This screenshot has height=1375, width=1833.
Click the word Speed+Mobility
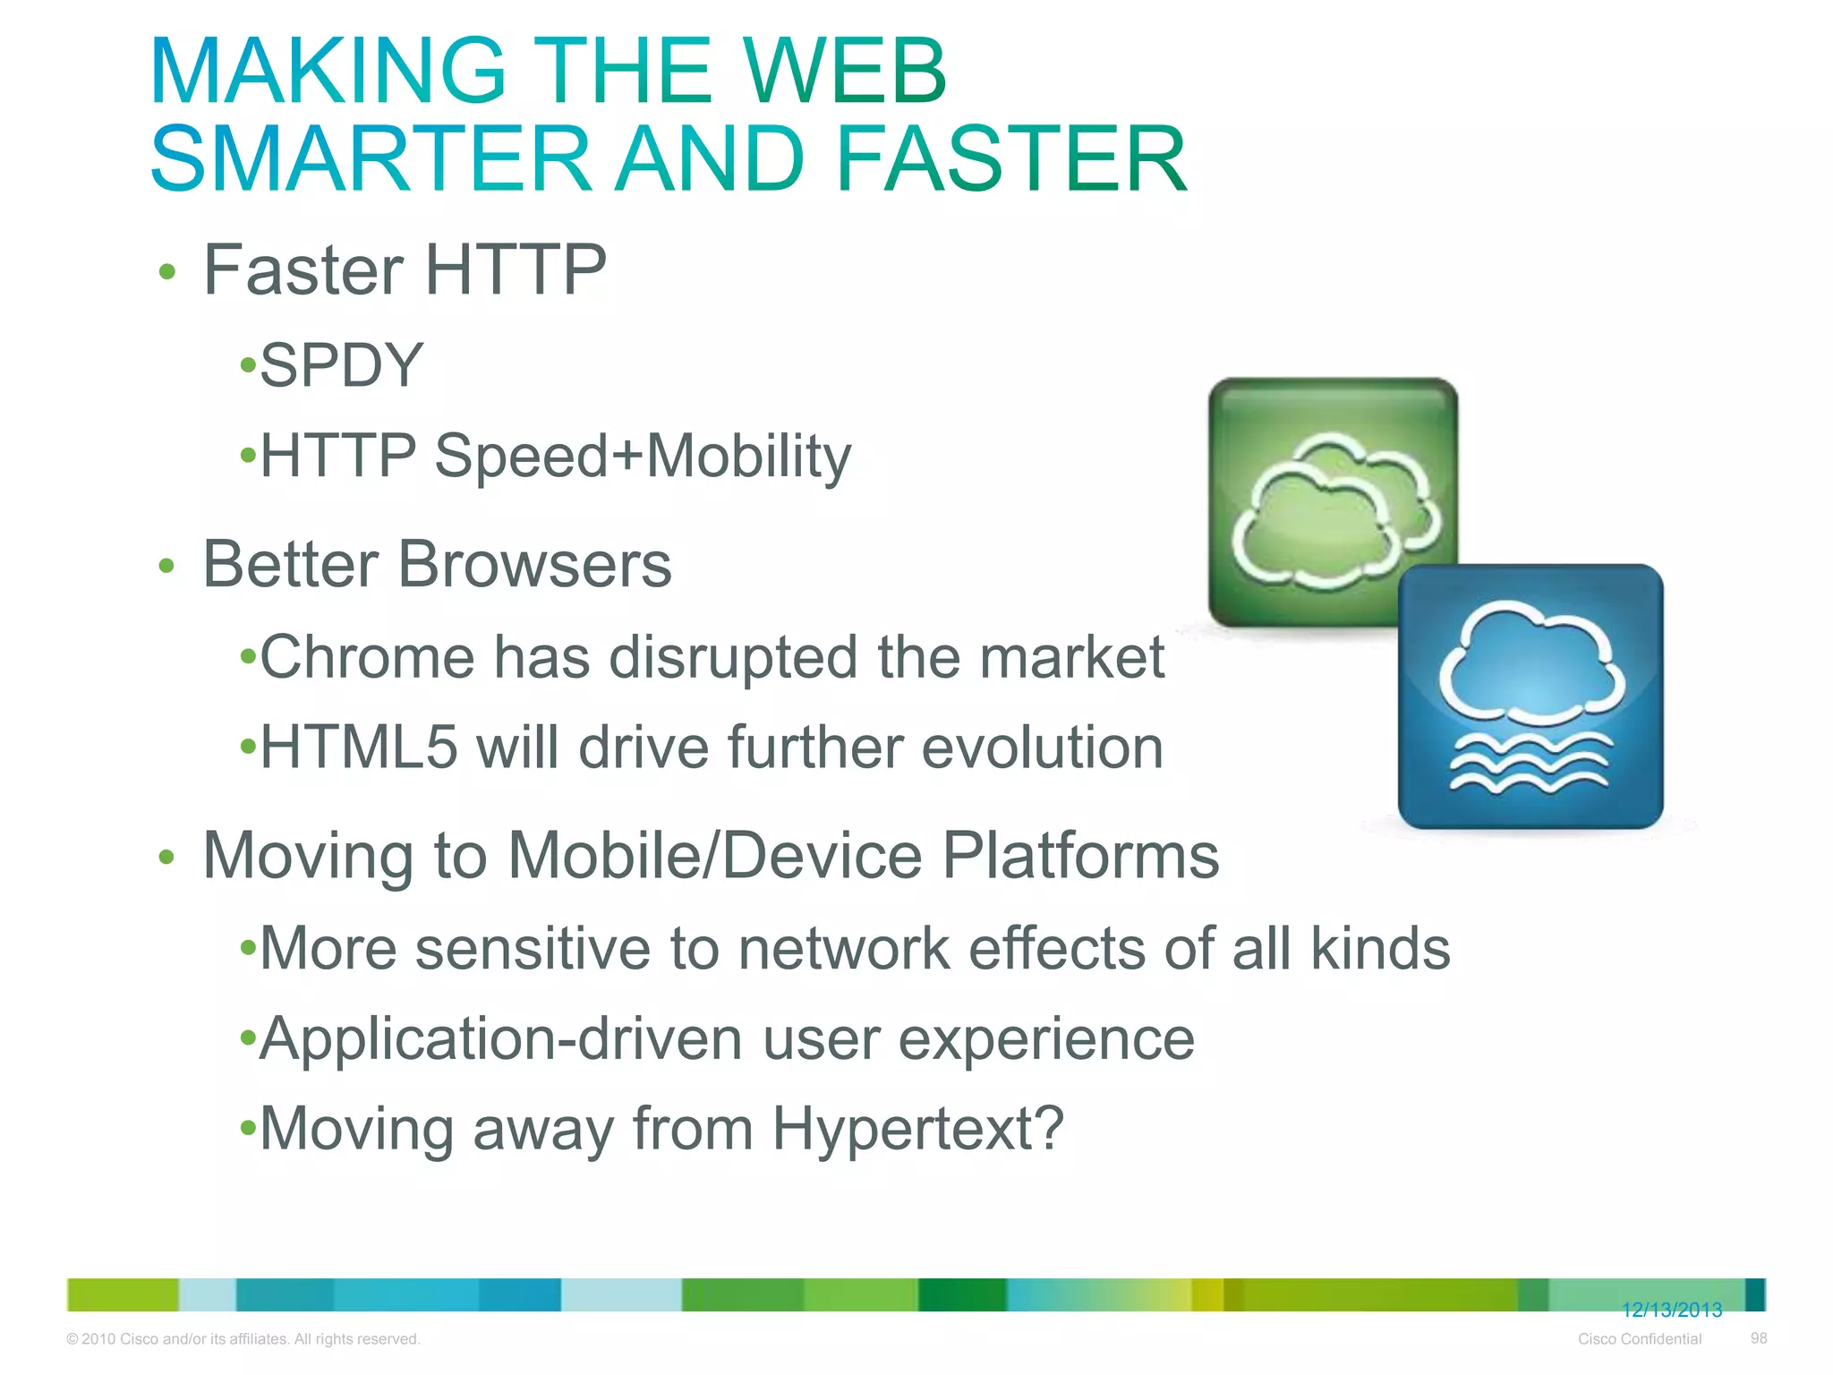(x=643, y=457)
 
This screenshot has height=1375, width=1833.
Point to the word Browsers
(x=534, y=565)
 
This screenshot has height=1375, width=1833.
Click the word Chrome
(x=367, y=657)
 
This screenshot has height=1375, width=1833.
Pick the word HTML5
(x=359, y=747)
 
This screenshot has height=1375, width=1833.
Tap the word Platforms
(x=1080, y=856)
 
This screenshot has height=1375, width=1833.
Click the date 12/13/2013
(x=1672, y=1311)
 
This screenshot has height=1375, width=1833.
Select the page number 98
(x=1759, y=1338)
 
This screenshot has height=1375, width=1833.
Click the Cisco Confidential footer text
(x=1639, y=1339)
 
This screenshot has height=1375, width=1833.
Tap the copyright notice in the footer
(x=243, y=1339)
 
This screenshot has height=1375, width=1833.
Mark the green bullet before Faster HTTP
(x=166, y=272)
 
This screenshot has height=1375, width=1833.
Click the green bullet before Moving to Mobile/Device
(x=166, y=858)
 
